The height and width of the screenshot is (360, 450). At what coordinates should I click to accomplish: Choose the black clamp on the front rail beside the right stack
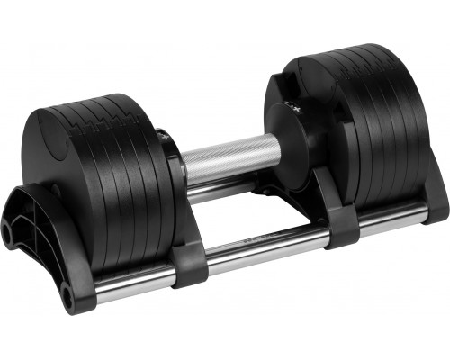(x=342, y=229)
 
